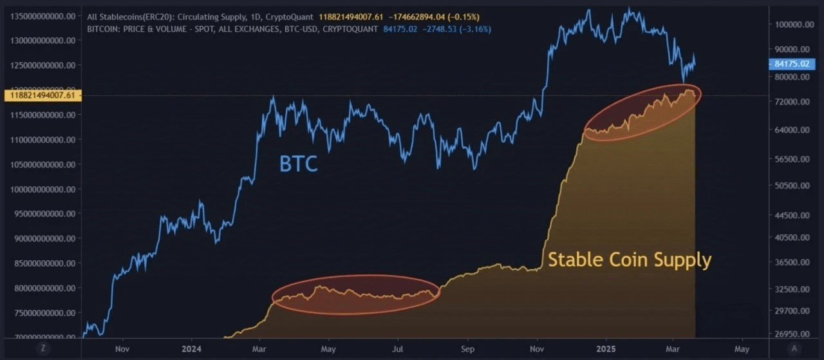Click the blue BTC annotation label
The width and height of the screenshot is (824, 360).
coord(298,164)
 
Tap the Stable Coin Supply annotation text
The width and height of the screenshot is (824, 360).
coord(629,260)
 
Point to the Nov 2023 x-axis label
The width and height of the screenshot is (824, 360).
coord(122,349)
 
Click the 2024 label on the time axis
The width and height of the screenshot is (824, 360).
coord(192,349)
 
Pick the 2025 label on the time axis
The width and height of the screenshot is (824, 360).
coord(605,349)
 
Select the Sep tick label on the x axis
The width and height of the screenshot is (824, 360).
coord(467,349)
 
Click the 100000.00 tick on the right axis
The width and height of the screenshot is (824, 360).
coord(791,24)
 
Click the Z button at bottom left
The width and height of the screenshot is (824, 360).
coord(42,348)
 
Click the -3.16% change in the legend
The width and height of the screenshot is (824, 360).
coord(477,28)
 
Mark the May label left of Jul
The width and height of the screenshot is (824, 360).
coord(328,349)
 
